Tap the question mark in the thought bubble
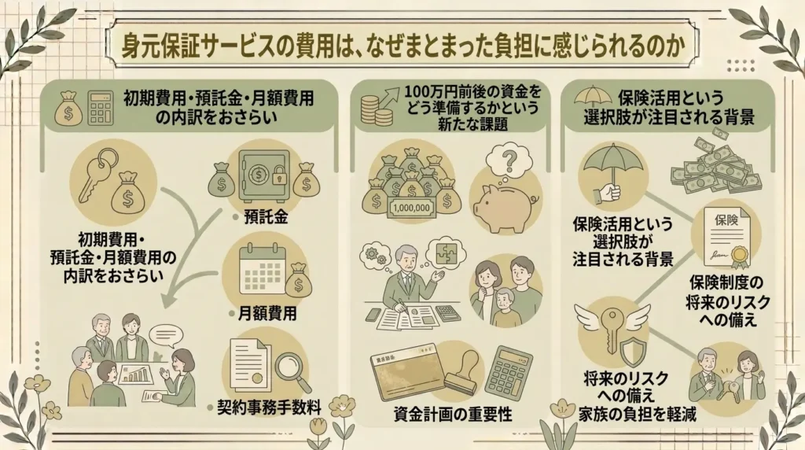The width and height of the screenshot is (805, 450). [509, 160]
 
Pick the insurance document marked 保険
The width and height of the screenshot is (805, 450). [726, 236]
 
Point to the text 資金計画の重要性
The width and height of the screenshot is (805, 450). [453, 414]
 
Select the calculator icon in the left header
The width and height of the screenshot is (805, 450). [101, 109]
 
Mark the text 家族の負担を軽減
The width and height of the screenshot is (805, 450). [638, 415]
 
